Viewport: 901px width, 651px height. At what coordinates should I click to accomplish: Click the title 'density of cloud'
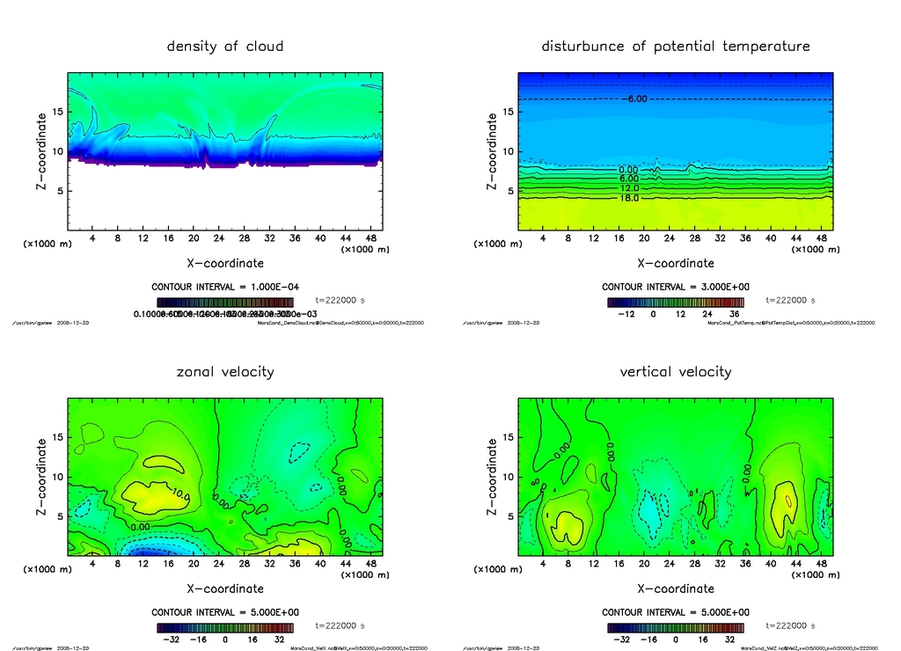coord(225,46)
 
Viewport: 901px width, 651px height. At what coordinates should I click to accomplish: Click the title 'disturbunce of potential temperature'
coord(676,46)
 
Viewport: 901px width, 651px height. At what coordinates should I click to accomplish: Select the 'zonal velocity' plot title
coord(225,371)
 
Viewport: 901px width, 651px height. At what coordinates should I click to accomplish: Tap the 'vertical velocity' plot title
coord(676,371)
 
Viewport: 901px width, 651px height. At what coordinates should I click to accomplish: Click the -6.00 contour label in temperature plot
coord(635,99)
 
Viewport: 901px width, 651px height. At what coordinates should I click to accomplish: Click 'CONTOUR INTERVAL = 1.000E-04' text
coord(225,287)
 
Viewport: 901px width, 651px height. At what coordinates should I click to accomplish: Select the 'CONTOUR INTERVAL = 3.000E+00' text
coord(676,287)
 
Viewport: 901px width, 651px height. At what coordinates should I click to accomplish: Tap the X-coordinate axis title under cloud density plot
coord(225,262)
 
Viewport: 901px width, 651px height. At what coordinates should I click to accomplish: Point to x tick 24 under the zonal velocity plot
coord(218,563)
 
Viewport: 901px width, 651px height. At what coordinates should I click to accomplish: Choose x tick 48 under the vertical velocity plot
coord(821,563)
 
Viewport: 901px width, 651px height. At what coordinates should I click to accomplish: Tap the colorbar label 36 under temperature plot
coord(734,314)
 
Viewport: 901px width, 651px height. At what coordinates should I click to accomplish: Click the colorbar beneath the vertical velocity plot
coord(676,627)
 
